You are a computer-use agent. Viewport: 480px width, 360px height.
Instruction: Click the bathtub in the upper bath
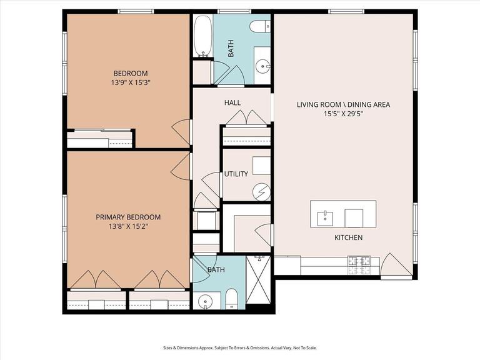tap(202, 36)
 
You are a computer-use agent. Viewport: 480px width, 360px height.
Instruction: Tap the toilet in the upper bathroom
tap(259, 27)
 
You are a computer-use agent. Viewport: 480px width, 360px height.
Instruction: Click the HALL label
tap(232, 102)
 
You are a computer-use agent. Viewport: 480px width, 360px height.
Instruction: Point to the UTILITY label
tap(236, 174)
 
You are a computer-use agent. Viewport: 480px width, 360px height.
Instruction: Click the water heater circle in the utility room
tap(261, 191)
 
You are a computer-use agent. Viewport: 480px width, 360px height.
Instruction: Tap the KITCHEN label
tap(348, 238)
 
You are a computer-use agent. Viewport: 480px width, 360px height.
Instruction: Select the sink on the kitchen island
tap(325, 217)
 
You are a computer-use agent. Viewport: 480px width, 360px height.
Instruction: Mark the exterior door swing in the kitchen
tap(397, 266)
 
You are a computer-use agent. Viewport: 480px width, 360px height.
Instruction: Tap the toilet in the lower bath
tap(231, 299)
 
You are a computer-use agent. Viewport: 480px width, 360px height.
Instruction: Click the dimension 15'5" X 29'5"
tap(343, 114)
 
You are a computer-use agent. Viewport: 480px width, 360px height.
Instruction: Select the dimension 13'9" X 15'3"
tap(131, 82)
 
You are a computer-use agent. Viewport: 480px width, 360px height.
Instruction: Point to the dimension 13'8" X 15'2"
tap(127, 227)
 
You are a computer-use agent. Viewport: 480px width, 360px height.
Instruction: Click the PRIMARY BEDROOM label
tap(127, 217)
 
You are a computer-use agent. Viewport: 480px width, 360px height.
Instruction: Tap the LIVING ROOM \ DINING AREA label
tap(343, 104)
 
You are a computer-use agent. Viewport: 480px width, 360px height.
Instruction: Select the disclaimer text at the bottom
tap(240, 347)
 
